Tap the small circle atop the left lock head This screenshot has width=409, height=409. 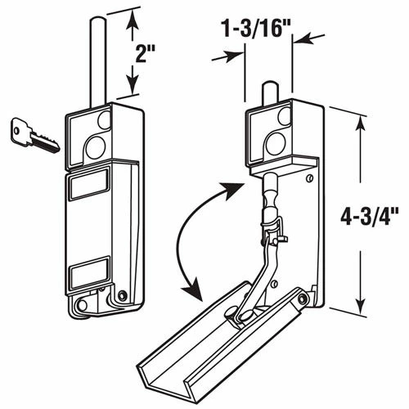coord(103,119)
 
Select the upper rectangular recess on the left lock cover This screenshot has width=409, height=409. coord(88,186)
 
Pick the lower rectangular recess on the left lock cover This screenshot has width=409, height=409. coord(88,272)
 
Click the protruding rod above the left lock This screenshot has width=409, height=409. coord(96,65)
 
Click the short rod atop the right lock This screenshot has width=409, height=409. coord(267,92)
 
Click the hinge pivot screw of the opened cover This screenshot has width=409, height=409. coord(305,301)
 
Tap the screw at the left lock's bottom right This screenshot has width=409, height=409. coord(122,295)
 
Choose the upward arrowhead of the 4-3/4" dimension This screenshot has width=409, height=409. coord(358,120)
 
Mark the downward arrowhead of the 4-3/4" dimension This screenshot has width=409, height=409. coord(358,308)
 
